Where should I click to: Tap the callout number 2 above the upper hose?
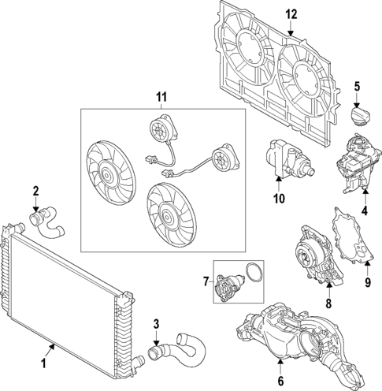click(x=35, y=190)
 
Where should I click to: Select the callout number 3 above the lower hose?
click(x=156, y=322)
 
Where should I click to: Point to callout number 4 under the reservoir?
click(x=365, y=211)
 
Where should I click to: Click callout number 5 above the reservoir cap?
click(x=356, y=86)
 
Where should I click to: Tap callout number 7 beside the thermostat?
click(x=206, y=281)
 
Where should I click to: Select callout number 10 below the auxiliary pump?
click(x=279, y=199)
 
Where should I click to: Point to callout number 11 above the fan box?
click(x=162, y=97)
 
